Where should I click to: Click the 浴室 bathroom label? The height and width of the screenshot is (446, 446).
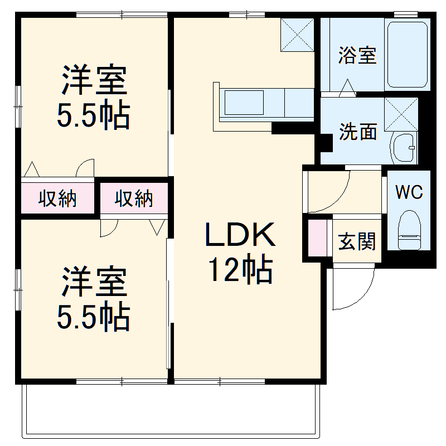pyautogui.click(x=357, y=55)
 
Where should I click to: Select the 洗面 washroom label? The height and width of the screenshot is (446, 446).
pyautogui.click(x=358, y=132)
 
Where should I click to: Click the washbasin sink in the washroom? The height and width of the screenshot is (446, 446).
pyautogui.click(x=404, y=148)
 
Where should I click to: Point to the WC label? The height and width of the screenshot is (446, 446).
pyautogui.click(x=409, y=192)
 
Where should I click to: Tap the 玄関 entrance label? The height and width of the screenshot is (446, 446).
pyautogui.click(x=357, y=242)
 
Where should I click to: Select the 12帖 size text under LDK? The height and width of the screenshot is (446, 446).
pyautogui.click(x=241, y=270)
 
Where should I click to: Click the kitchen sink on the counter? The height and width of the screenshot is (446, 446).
pyautogui.click(x=246, y=103)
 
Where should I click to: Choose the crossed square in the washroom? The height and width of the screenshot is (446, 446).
pyautogui.click(x=401, y=114)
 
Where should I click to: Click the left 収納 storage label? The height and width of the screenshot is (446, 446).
pyautogui.click(x=57, y=198)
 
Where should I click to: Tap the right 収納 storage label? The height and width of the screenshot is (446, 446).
pyautogui.click(x=134, y=198)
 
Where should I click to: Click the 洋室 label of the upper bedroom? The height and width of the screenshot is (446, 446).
pyautogui.click(x=94, y=81)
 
